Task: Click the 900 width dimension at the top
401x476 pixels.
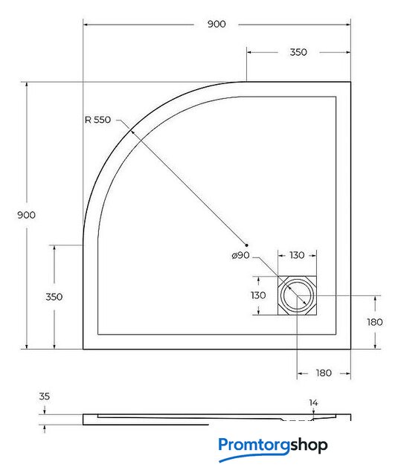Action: click(216, 24)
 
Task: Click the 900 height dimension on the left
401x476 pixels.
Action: click(26, 215)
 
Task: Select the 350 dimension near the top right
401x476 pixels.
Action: click(298, 52)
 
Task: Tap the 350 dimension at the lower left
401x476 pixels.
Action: click(54, 297)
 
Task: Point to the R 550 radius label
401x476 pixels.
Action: click(97, 120)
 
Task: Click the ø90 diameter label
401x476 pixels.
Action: click(241, 255)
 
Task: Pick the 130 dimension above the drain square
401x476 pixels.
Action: click(297, 255)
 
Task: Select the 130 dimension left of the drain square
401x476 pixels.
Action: click(258, 295)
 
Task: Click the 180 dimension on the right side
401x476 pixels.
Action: click(375, 322)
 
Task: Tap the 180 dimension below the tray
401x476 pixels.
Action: click(324, 373)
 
